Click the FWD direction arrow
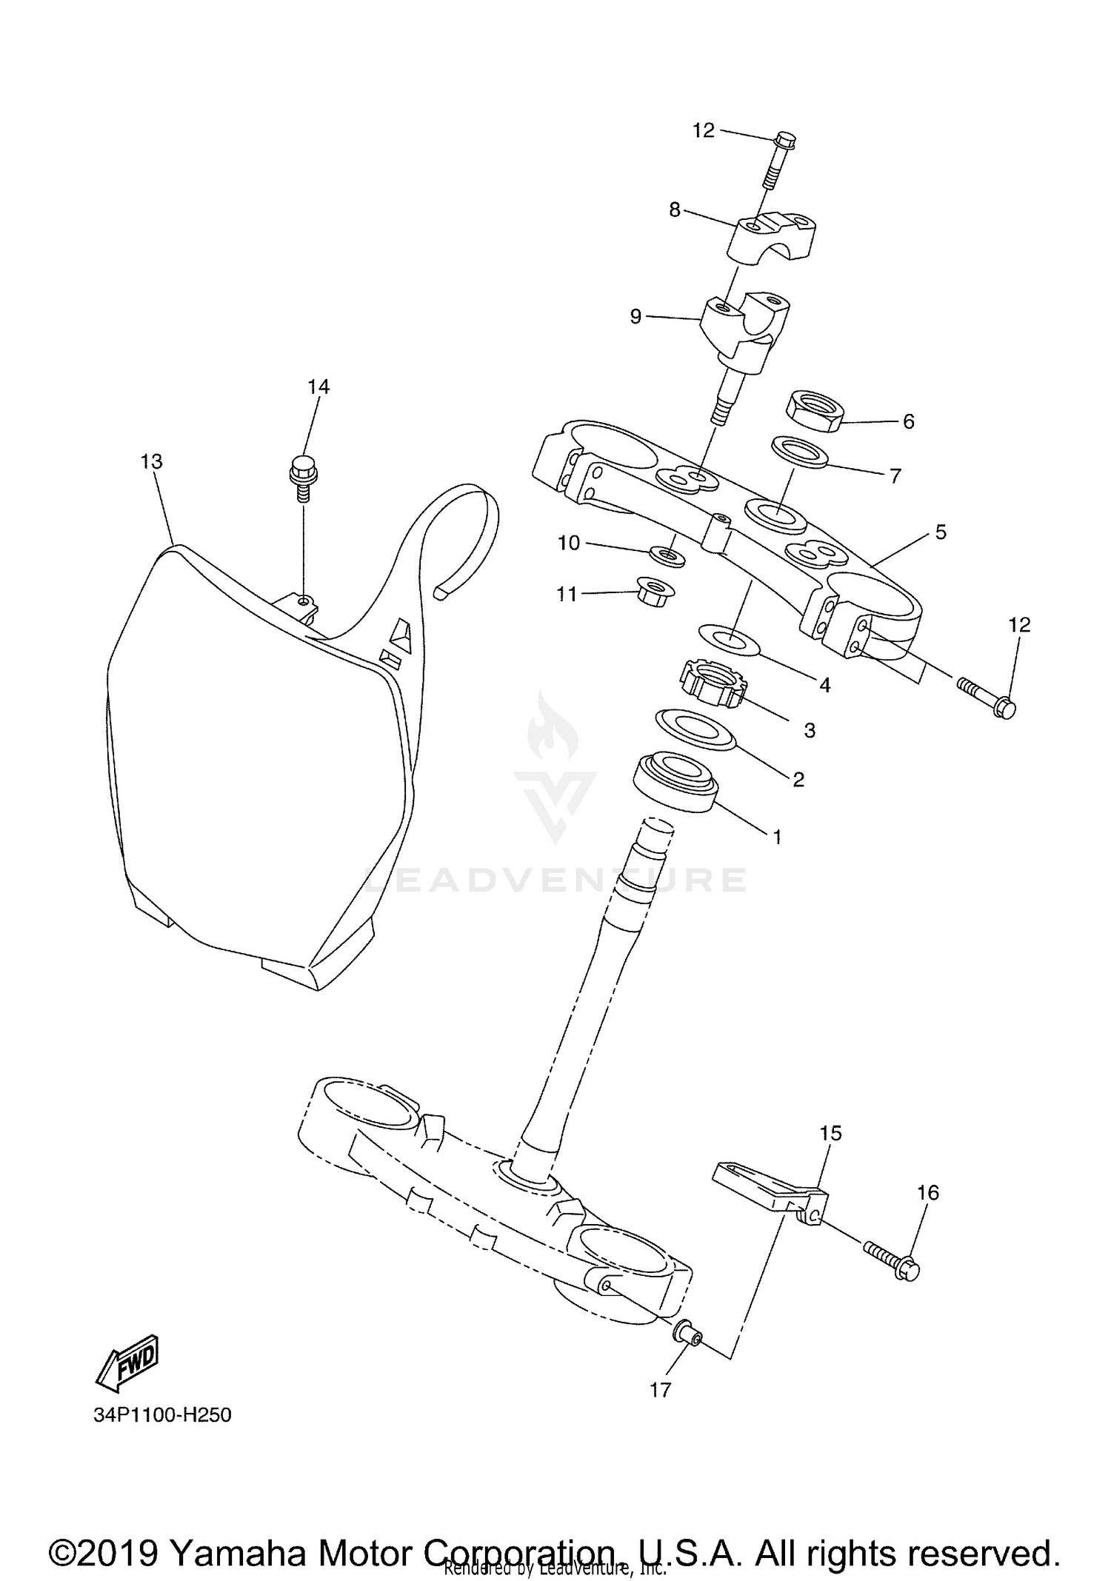click(127, 1362)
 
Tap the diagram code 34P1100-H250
click(162, 1415)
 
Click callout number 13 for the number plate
click(151, 461)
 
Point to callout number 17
click(660, 1390)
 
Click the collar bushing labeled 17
click(687, 1331)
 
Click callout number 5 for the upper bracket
click(941, 532)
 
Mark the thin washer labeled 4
click(730, 639)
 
